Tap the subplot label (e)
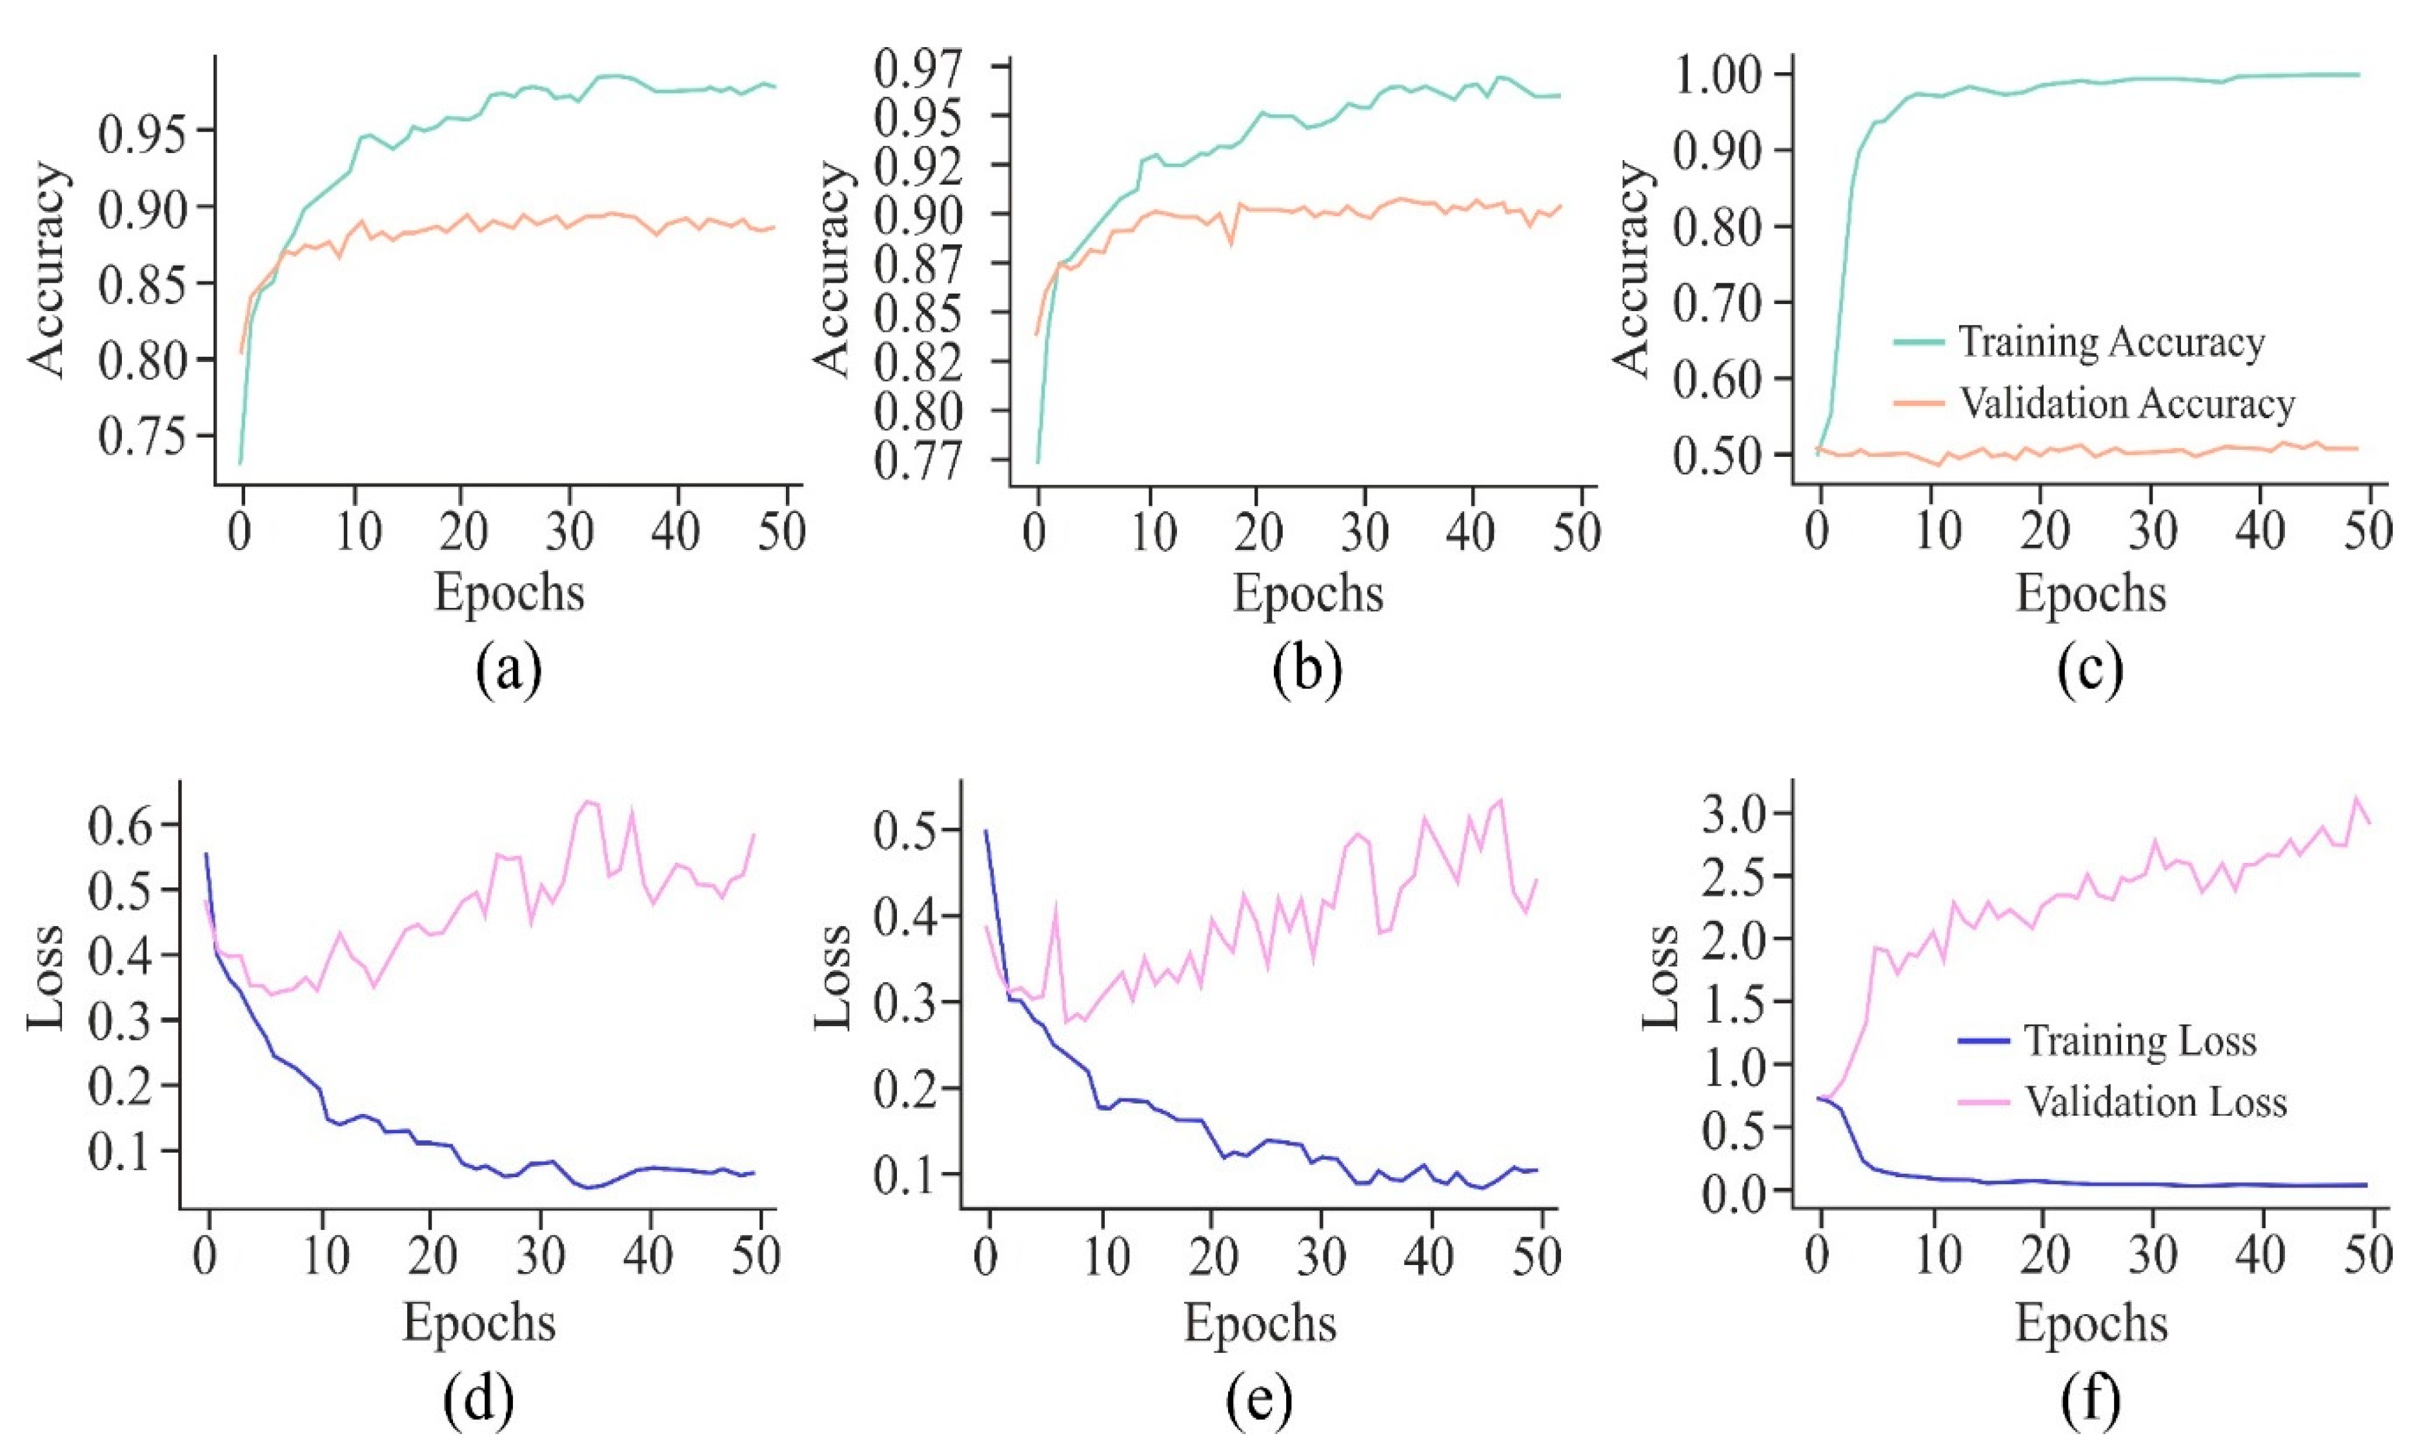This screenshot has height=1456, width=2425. coord(1258,1401)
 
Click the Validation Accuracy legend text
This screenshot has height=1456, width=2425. coord(2127,404)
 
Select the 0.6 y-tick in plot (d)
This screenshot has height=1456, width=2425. coord(121,826)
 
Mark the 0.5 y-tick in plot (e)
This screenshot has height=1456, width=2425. coord(903,830)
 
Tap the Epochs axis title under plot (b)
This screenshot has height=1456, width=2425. coord(1307,592)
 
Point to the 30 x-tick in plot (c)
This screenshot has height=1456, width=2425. coord(2153,531)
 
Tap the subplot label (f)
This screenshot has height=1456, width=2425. coord(2091,1401)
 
